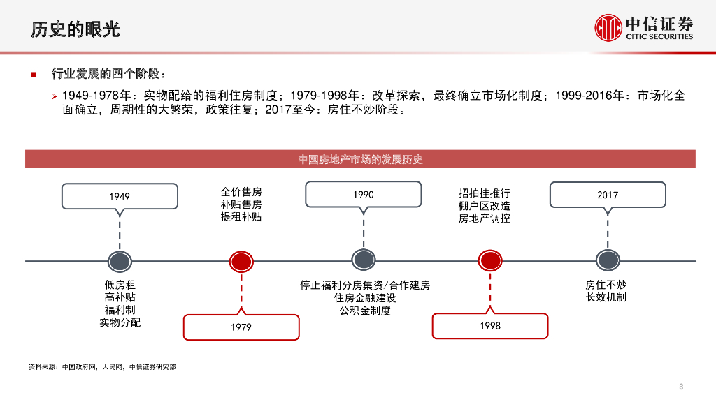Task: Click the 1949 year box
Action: (x=120, y=196)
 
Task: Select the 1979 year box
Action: (x=241, y=327)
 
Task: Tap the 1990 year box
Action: (x=364, y=195)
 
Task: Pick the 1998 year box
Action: (x=490, y=326)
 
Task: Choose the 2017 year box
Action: (x=608, y=195)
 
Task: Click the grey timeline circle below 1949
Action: (x=120, y=261)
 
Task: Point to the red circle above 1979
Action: (x=241, y=261)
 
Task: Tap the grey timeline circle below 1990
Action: (x=364, y=260)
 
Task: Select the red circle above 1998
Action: (x=490, y=261)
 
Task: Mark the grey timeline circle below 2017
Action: (x=608, y=260)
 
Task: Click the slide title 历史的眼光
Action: (x=76, y=29)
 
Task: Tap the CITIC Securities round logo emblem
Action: (x=608, y=27)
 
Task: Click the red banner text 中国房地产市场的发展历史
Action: (x=360, y=159)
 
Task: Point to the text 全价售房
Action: (x=241, y=192)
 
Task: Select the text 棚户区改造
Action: (x=485, y=206)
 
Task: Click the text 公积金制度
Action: (x=364, y=311)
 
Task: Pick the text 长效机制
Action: (x=606, y=298)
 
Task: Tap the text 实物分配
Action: (x=120, y=322)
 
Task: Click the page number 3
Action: (x=681, y=387)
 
